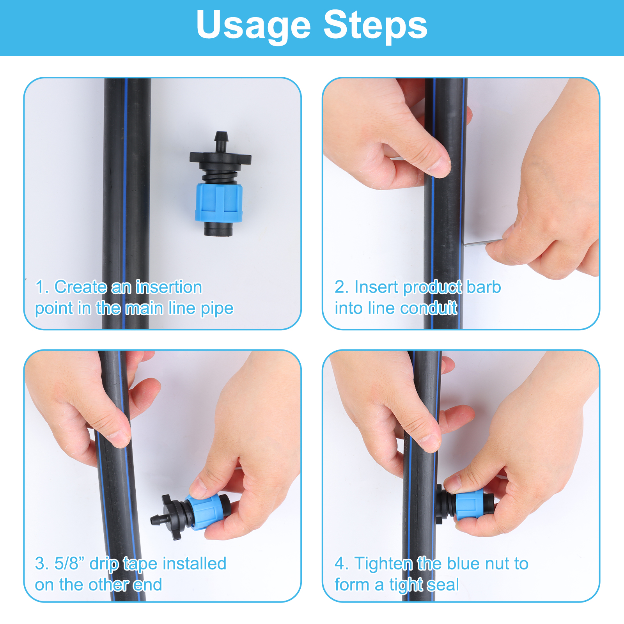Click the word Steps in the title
pyautogui.click(x=376, y=24)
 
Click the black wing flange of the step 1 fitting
pyautogui.click(x=220, y=158)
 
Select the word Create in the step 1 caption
pyautogui.click(x=80, y=287)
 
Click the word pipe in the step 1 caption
pyautogui.click(x=217, y=309)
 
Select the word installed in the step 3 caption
pyautogui.click(x=194, y=564)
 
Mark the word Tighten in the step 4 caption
pyautogui.click(x=383, y=564)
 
